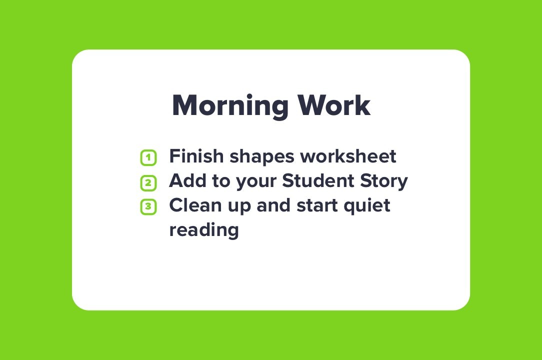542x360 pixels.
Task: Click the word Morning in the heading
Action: pos(230,106)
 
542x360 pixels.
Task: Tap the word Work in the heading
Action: pos(334,105)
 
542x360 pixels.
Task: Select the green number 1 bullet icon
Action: pos(148,157)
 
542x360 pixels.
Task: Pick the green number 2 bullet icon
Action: pos(148,182)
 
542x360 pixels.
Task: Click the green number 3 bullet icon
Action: pos(148,206)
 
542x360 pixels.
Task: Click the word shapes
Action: pos(262,157)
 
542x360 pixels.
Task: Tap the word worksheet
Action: pos(348,156)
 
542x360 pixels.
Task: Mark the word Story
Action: pos(384,182)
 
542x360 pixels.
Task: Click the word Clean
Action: pos(195,205)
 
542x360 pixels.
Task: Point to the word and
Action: pos(274,205)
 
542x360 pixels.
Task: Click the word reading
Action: pos(204,230)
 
